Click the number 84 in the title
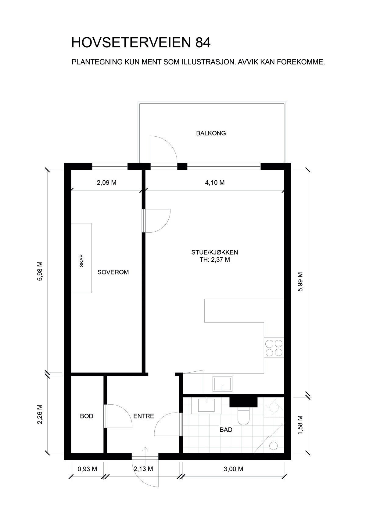202,43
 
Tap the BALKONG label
211,133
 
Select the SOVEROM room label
113,272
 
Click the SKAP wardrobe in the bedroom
81,258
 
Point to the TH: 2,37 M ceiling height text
214,260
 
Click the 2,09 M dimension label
106,183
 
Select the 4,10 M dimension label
215,183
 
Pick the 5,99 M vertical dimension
300,282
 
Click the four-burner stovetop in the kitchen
274,348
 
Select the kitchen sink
222,384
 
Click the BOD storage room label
87,416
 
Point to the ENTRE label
144,416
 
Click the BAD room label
226,430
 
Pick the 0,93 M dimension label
88,469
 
